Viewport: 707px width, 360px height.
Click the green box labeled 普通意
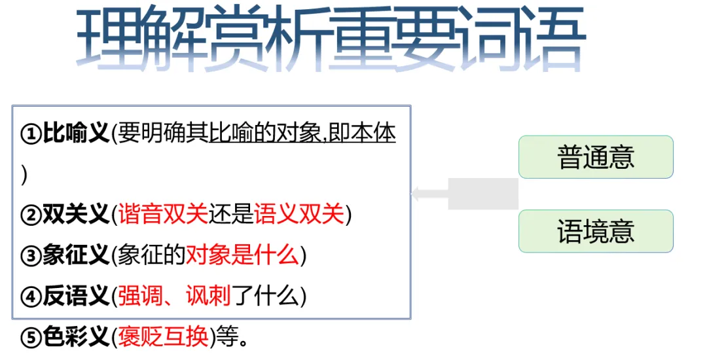596,157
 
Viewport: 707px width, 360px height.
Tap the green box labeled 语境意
596,231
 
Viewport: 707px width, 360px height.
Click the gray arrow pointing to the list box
465,194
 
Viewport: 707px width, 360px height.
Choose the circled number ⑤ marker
31,338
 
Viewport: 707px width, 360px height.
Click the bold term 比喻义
76,135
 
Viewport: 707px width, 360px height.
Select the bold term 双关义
76,215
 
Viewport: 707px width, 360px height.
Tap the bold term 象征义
76,255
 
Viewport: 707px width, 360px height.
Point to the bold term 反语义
76,297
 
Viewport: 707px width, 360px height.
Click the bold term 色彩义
76,337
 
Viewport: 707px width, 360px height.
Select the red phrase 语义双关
299,215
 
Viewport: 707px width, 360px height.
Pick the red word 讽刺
209,297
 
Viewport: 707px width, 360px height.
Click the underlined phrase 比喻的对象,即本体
302,135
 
